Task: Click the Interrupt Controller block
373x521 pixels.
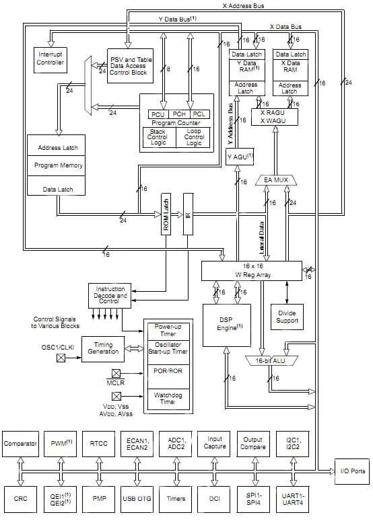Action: tap(50, 58)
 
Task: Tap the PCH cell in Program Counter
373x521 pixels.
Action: tap(178, 114)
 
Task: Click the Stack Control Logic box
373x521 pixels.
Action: tap(159, 137)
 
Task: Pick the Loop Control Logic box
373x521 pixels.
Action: tap(193, 137)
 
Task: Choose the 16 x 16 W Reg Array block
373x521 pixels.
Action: tap(251, 270)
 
